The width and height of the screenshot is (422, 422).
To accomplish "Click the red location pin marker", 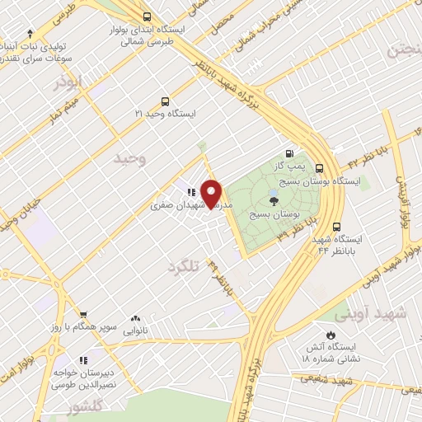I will (x=213, y=193).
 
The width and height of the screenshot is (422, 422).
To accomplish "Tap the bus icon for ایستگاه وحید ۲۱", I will (x=166, y=102).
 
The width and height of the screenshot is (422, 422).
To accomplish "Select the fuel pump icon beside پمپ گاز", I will (x=288, y=153).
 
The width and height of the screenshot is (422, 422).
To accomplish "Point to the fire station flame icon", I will (x=330, y=335).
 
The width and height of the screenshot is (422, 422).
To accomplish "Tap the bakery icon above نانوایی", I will (x=135, y=318).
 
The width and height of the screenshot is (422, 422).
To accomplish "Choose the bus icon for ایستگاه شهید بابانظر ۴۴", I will (x=336, y=227).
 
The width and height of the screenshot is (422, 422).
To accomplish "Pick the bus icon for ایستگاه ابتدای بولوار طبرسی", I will (x=147, y=16).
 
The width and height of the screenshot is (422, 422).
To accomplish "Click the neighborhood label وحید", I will (x=130, y=157).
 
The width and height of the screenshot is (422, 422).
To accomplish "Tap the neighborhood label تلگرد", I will (x=184, y=267).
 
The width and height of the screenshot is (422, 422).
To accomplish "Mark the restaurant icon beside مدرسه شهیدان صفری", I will (x=191, y=193).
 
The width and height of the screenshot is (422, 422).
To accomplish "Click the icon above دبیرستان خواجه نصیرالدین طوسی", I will (x=82, y=360).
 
